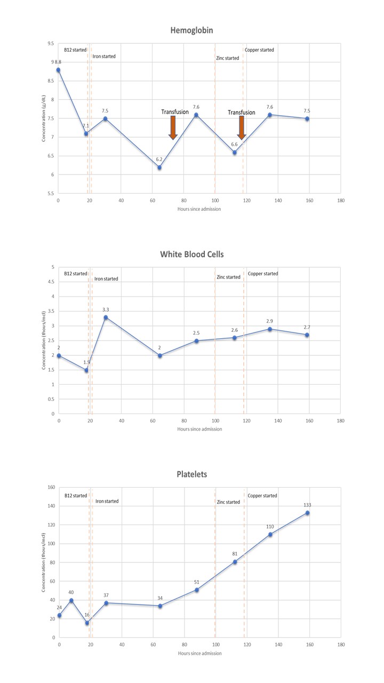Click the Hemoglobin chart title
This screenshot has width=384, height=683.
[191, 30]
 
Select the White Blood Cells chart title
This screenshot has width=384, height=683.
[192, 254]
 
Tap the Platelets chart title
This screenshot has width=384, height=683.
[192, 474]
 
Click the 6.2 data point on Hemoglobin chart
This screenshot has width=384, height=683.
[159, 168]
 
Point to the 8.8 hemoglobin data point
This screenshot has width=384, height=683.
[58, 70]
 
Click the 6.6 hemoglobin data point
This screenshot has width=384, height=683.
[234, 153]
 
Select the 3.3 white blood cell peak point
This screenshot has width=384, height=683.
[106, 317]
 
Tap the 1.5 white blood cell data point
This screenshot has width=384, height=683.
[86, 370]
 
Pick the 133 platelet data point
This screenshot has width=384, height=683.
[307, 513]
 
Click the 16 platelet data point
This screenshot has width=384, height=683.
[87, 623]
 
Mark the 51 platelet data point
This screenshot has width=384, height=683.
[197, 590]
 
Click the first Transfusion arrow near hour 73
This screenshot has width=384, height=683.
[173, 128]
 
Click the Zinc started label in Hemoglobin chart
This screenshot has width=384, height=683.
[228, 58]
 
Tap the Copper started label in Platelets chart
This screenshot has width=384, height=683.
[262, 496]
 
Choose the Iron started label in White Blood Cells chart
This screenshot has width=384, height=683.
[106, 279]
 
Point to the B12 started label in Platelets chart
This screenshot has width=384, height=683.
[76, 496]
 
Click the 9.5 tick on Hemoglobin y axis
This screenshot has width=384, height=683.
[51, 44]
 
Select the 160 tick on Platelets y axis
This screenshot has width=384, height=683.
[51, 487]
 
